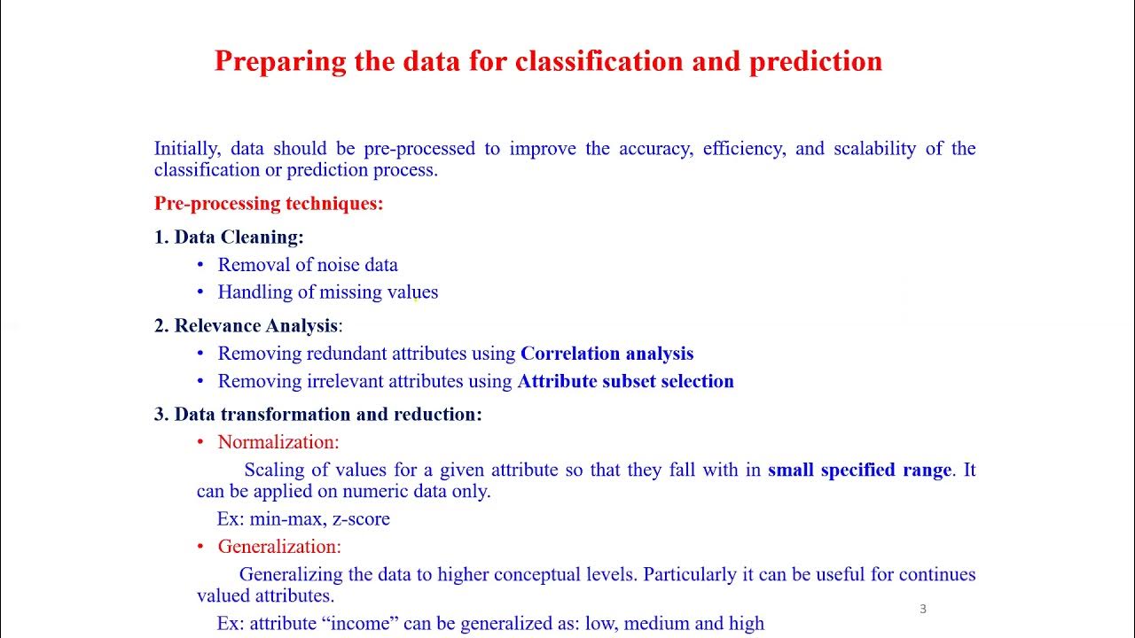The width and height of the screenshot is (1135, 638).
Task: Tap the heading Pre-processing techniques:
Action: (269, 204)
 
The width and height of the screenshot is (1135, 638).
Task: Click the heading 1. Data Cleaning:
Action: (229, 237)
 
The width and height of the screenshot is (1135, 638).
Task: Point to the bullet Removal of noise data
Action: (308, 265)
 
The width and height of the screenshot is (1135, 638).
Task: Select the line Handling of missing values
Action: (327, 292)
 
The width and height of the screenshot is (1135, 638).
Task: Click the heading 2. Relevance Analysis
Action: (247, 325)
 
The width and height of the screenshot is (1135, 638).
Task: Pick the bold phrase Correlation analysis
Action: (607, 354)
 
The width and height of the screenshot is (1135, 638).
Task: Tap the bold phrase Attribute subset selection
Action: (625, 381)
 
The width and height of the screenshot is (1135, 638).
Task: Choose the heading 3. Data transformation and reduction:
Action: (318, 414)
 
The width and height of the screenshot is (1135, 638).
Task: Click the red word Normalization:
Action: (278, 441)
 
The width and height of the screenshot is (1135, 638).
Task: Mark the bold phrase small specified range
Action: (859, 470)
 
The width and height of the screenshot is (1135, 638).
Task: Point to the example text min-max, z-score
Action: (319, 519)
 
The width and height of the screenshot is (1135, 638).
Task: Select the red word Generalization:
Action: (279, 547)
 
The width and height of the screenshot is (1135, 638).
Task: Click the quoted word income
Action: (364, 624)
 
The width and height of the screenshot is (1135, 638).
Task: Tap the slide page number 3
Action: (923, 609)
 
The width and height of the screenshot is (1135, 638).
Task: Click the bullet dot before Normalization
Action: (200, 441)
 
